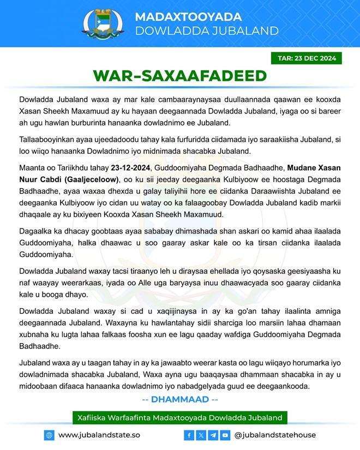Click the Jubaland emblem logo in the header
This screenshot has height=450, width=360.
click(x=104, y=23)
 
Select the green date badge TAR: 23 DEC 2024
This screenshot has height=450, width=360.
click(x=306, y=58)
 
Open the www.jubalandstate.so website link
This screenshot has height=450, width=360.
click(x=99, y=435)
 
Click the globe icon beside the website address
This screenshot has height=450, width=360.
click(x=50, y=435)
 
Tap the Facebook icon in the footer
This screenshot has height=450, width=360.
click(x=189, y=435)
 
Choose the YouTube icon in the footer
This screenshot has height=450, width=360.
click(x=225, y=435)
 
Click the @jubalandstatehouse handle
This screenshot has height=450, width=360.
click(x=275, y=435)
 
